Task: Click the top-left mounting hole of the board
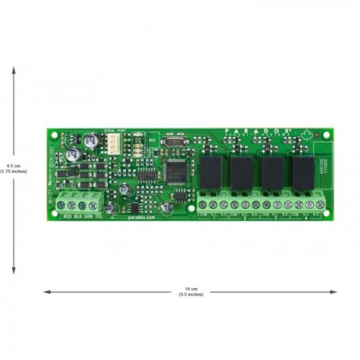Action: tap(52, 132)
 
